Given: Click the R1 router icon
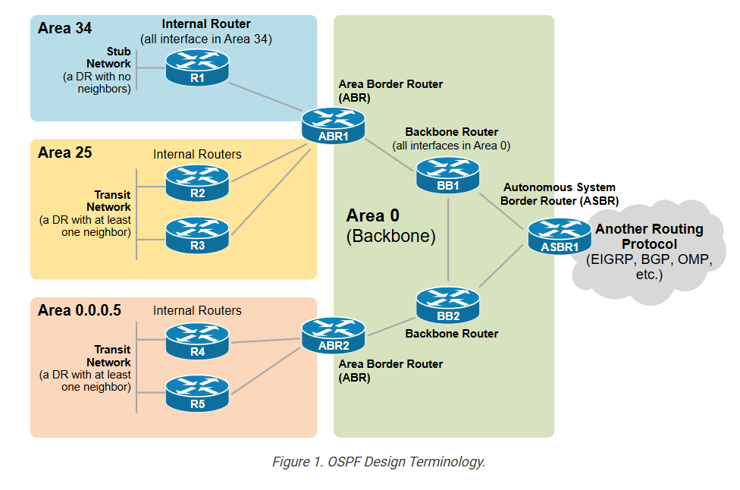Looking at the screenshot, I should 197,68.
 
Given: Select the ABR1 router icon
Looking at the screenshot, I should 333,126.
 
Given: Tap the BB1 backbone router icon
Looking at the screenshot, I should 447,174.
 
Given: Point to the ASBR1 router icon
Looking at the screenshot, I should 560,236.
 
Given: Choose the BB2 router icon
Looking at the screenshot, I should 447,305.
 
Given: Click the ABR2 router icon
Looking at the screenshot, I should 333,335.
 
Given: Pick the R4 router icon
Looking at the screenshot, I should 197,341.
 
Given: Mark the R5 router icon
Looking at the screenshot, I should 197,394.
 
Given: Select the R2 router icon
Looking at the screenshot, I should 197,183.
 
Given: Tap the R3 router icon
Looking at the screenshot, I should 197,235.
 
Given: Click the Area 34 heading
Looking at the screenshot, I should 64,29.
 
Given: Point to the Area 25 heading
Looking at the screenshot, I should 64,152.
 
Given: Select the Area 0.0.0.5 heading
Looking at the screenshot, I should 80,310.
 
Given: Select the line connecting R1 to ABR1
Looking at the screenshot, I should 266,96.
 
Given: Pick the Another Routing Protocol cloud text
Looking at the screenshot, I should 649,236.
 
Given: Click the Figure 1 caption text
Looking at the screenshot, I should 378,462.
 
